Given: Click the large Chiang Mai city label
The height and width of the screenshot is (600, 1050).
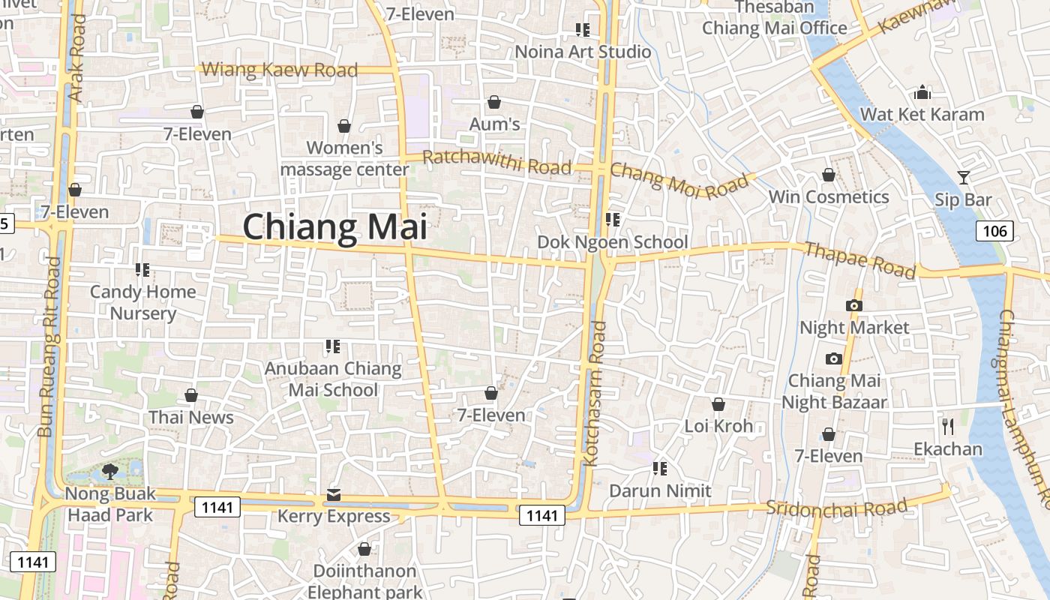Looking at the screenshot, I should (334, 226).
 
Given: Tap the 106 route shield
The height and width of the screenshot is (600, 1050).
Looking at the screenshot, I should (994, 231).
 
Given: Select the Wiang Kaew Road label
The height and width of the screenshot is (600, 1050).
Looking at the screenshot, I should (280, 70).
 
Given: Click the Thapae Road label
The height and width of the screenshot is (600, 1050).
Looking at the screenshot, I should (859, 259).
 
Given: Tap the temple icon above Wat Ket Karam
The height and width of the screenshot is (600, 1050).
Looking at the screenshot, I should (922, 92).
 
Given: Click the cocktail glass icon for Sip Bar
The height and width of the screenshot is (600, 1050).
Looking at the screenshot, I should (964, 178).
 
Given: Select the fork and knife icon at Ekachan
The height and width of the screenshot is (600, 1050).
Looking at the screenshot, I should (948, 427).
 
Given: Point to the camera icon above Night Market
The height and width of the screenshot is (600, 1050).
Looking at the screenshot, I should (853, 305).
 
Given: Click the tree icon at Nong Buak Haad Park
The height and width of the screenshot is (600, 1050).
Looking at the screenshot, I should (110, 472).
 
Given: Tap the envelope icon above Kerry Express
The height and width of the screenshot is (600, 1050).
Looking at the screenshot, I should (333, 495).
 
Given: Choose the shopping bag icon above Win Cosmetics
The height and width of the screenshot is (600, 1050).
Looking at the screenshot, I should (829, 175).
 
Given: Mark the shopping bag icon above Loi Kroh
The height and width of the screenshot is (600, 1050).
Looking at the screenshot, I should (718, 404).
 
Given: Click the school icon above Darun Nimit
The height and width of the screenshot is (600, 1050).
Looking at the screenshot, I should (659, 469).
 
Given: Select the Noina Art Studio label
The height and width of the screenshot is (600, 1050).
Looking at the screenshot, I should (583, 52).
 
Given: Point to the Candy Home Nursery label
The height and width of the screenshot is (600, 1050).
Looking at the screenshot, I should (142, 301).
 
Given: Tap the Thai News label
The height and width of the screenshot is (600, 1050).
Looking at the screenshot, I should (191, 417).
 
